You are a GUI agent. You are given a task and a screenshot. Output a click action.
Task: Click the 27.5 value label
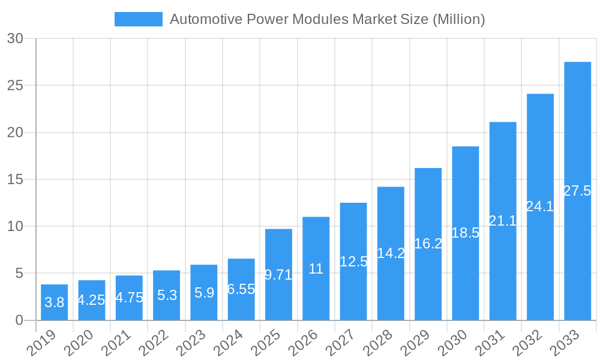[x=577, y=191]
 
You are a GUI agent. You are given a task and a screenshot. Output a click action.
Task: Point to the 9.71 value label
[x=278, y=275]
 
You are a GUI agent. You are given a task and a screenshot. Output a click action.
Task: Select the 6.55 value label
[x=241, y=289]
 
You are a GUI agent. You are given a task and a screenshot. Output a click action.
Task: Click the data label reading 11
[x=316, y=269]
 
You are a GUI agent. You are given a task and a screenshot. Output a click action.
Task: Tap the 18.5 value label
[x=465, y=233]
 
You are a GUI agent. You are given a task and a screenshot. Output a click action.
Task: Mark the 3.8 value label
[x=55, y=302]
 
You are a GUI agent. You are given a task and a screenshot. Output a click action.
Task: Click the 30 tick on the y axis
[x=16, y=39]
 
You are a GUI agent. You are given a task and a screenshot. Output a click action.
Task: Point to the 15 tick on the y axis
[x=16, y=179]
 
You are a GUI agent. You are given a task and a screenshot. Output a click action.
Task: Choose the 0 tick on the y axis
[x=19, y=320]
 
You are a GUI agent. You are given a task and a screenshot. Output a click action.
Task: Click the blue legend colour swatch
[x=139, y=19]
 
